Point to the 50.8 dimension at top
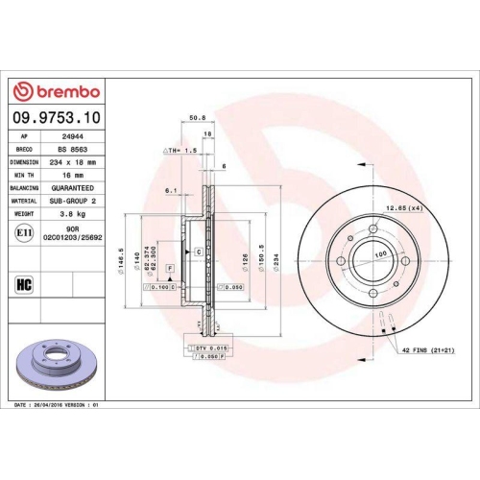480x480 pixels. pos(198,118)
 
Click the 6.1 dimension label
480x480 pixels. pos(170,190)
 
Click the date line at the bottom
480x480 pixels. pos(58,406)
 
